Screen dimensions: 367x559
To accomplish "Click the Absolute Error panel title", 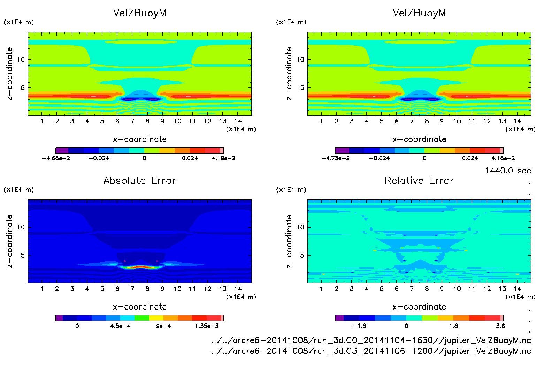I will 140,180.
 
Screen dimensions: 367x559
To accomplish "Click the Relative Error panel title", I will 419,180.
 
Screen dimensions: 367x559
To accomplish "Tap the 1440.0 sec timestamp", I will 508,171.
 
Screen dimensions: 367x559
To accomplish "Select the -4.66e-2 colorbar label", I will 56,158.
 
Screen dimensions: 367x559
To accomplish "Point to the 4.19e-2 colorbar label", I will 223,158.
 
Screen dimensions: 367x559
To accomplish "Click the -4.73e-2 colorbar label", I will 335,158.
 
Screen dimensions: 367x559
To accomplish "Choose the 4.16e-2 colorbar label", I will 503,158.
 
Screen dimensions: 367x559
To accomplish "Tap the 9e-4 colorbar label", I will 163,326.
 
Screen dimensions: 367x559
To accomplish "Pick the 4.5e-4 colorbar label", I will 120,326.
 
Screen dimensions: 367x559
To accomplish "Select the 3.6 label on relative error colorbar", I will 500,326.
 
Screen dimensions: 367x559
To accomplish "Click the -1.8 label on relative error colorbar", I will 359,326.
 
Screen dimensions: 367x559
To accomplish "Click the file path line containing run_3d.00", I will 371,340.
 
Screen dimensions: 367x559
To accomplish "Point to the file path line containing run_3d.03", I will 371,351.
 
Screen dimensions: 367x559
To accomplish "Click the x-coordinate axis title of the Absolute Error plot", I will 140,307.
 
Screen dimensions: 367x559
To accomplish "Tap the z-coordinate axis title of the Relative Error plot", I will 289,241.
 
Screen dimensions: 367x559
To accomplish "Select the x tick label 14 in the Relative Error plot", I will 517,289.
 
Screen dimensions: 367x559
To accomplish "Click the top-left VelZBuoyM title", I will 140,13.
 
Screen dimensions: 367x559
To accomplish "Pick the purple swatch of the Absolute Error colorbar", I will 59,318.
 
